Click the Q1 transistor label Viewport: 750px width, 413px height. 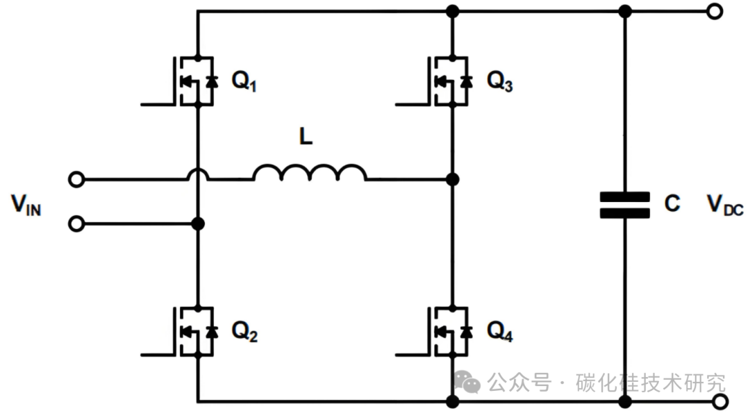[244, 83]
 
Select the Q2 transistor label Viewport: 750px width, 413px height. [244, 333]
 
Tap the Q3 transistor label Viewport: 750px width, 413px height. [499, 83]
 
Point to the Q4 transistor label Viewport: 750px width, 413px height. [499, 333]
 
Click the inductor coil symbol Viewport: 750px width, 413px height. [310, 174]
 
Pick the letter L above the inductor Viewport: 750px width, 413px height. [306, 137]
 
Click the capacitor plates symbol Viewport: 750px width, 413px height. [625, 205]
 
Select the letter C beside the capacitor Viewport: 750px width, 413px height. [672, 204]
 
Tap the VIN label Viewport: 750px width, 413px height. [26, 205]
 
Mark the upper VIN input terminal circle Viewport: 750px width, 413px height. [76, 180]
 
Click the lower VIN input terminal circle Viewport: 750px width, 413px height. [76, 224]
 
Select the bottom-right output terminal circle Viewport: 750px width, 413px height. [720, 401]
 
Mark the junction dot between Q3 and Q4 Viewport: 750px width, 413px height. [453, 180]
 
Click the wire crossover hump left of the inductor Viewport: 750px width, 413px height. [198, 176]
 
